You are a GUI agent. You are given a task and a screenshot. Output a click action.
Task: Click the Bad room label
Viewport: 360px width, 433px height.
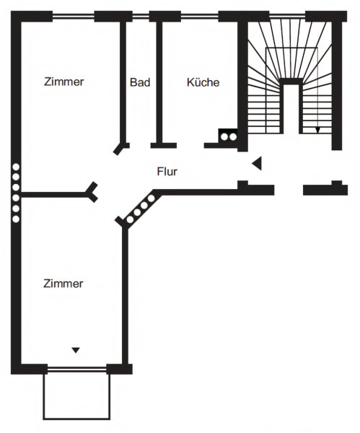pyautogui.click(x=140, y=82)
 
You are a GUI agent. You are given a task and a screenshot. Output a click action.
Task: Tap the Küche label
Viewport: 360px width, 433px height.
pyautogui.click(x=203, y=82)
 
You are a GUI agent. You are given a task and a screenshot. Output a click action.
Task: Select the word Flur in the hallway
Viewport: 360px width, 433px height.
pyautogui.click(x=167, y=172)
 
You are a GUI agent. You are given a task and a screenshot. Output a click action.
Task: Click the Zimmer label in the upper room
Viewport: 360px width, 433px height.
pyautogui.click(x=63, y=82)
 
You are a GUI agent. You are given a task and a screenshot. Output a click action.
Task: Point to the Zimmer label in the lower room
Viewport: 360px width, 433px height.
pyautogui.click(x=63, y=284)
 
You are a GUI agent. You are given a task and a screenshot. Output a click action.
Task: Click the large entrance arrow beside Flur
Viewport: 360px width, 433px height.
pyautogui.click(x=258, y=163)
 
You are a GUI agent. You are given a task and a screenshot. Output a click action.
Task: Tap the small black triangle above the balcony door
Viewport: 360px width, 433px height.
pyautogui.click(x=76, y=350)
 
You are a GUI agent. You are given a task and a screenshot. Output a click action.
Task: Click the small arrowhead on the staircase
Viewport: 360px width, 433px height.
pyautogui.click(x=317, y=130)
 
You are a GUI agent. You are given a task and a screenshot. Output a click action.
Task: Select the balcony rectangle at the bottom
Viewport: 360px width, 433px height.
pyautogui.click(x=76, y=396)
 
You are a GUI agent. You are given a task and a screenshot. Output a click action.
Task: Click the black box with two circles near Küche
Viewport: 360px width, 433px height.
pyautogui.click(x=228, y=136)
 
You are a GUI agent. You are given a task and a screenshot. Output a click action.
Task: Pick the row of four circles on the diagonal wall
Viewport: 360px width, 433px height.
pyautogui.click(x=141, y=209)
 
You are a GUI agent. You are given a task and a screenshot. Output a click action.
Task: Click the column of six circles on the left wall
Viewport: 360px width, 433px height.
pyautogui.click(x=16, y=193)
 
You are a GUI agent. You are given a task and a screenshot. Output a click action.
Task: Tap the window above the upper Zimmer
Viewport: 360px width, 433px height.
pyautogui.click(x=74, y=17)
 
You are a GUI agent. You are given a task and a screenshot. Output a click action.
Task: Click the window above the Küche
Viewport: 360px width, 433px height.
pyautogui.click(x=200, y=17)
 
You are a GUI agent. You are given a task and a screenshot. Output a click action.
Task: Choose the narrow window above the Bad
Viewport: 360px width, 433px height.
pyautogui.click(x=141, y=17)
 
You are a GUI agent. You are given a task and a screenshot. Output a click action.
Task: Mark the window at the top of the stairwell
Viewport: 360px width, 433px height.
pyautogui.click(x=287, y=17)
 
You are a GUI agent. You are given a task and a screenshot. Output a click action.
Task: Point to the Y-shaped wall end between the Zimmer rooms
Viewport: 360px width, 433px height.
pyautogui.click(x=92, y=193)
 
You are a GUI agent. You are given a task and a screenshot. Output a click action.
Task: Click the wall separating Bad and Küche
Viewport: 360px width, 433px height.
pyautogui.click(x=159, y=83)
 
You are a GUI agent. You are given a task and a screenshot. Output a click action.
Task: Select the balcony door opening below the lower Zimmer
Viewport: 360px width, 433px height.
pyautogui.click(x=77, y=369)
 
